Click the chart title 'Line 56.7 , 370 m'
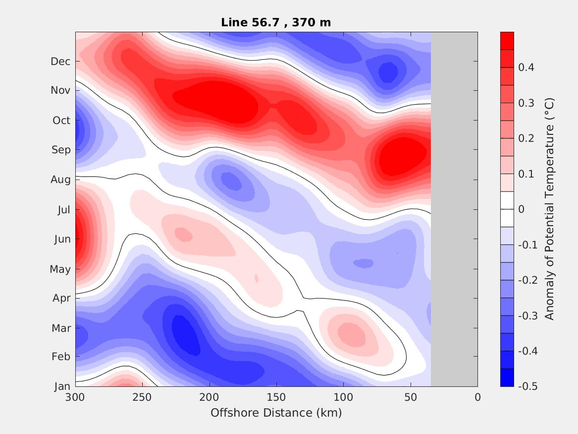[x=276, y=22]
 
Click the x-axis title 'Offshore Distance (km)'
[x=276, y=413]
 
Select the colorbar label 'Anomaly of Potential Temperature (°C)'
[x=549, y=209]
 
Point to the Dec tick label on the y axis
[x=60, y=62]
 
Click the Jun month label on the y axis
[x=62, y=239]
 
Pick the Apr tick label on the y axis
[x=61, y=298]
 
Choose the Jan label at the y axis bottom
[x=62, y=386]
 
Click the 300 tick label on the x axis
[x=75, y=397]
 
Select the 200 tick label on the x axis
[x=210, y=397]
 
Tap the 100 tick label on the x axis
[x=343, y=397]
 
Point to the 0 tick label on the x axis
[x=477, y=397]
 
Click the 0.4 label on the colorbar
[x=526, y=67]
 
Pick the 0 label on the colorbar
[x=521, y=209]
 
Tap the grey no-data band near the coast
[x=454, y=209]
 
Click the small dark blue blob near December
[x=388, y=72]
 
